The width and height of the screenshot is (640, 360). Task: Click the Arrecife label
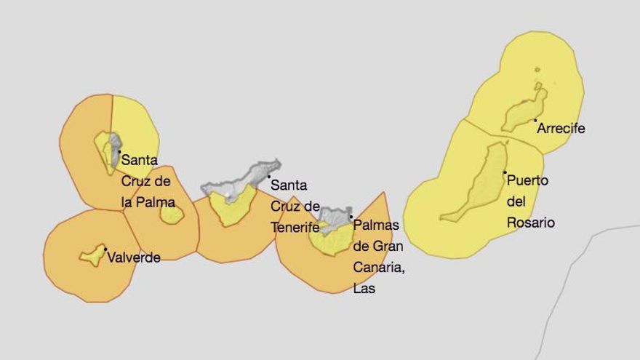click(x=561, y=129)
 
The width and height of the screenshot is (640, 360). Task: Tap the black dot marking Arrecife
click(x=535, y=121)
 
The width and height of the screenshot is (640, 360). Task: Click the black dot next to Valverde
click(x=105, y=249)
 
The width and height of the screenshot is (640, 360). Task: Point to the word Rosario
click(x=531, y=223)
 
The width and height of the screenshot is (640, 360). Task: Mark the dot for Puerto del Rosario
click(x=505, y=172)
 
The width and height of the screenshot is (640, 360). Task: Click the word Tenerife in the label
click(x=295, y=227)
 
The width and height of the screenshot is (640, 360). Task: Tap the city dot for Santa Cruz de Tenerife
click(x=268, y=177)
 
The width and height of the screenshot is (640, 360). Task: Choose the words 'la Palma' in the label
click(x=148, y=201)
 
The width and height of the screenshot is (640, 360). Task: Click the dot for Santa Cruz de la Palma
click(x=120, y=152)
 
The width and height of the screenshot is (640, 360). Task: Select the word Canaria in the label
click(x=377, y=268)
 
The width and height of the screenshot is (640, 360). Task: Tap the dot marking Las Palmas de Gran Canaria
click(x=351, y=217)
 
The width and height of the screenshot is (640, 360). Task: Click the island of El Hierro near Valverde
click(x=92, y=255)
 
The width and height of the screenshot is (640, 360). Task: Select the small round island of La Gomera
click(x=172, y=215)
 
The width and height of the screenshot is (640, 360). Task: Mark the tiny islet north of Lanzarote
click(x=537, y=70)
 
